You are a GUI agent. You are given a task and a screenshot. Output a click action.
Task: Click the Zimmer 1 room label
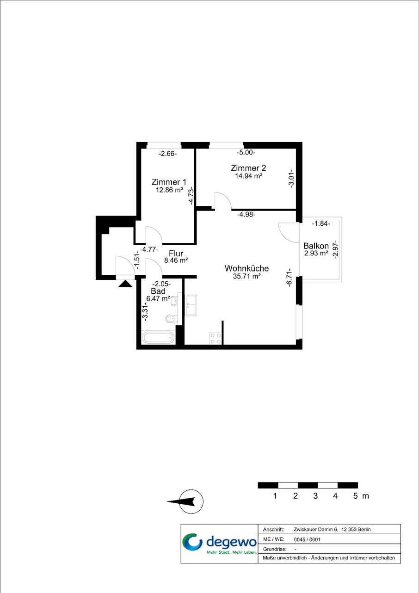169,182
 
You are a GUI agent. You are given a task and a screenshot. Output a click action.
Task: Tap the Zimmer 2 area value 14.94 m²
248,176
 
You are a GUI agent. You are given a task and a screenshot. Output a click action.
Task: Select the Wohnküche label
246,268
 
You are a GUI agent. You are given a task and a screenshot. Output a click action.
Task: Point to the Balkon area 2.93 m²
316,253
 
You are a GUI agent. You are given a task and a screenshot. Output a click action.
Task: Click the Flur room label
176,253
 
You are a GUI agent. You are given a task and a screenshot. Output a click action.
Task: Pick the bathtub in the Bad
159,338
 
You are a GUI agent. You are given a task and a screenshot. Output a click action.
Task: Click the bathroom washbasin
175,301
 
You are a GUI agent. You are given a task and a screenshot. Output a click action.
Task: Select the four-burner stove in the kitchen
215,339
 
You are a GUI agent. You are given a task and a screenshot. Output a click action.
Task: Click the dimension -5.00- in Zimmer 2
246,153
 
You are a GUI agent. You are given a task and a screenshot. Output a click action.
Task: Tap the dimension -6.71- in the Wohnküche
290,277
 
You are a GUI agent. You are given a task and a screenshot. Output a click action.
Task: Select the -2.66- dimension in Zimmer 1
167,154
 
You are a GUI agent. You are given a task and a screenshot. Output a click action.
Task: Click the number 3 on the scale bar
315,496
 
